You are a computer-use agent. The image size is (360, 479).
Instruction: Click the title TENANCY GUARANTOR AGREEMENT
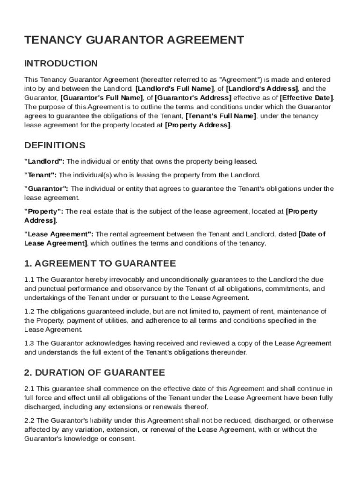(x=134, y=40)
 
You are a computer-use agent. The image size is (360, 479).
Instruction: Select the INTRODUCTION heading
(x=61, y=64)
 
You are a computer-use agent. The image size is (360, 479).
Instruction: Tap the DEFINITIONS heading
(x=55, y=145)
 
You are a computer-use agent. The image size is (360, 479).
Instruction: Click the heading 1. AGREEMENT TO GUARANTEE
(x=100, y=263)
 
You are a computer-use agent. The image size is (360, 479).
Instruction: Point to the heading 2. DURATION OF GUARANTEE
(x=94, y=373)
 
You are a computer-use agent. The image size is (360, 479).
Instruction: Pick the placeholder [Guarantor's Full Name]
(x=101, y=98)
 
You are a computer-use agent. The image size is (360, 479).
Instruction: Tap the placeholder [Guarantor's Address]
(x=193, y=98)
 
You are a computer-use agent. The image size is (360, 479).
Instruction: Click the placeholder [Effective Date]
(x=306, y=98)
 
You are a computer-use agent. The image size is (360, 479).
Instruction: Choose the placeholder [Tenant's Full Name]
(x=221, y=116)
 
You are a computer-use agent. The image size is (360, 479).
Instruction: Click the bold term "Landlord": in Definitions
(x=44, y=161)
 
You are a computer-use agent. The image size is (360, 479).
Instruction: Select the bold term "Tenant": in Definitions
(x=40, y=175)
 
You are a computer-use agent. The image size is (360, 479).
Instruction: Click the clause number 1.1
(x=29, y=280)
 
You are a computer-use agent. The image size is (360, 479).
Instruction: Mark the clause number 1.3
(x=29, y=343)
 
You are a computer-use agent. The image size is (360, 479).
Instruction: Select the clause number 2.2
(x=29, y=421)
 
